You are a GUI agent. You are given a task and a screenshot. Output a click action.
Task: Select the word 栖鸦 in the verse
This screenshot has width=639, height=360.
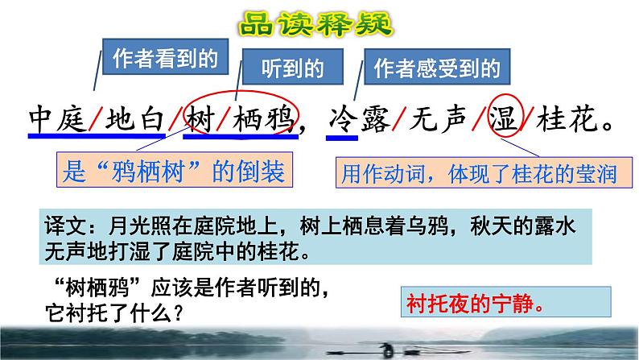click(x=262, y=122)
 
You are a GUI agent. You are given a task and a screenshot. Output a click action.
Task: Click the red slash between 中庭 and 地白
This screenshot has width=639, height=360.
click(x=95, y=122)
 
